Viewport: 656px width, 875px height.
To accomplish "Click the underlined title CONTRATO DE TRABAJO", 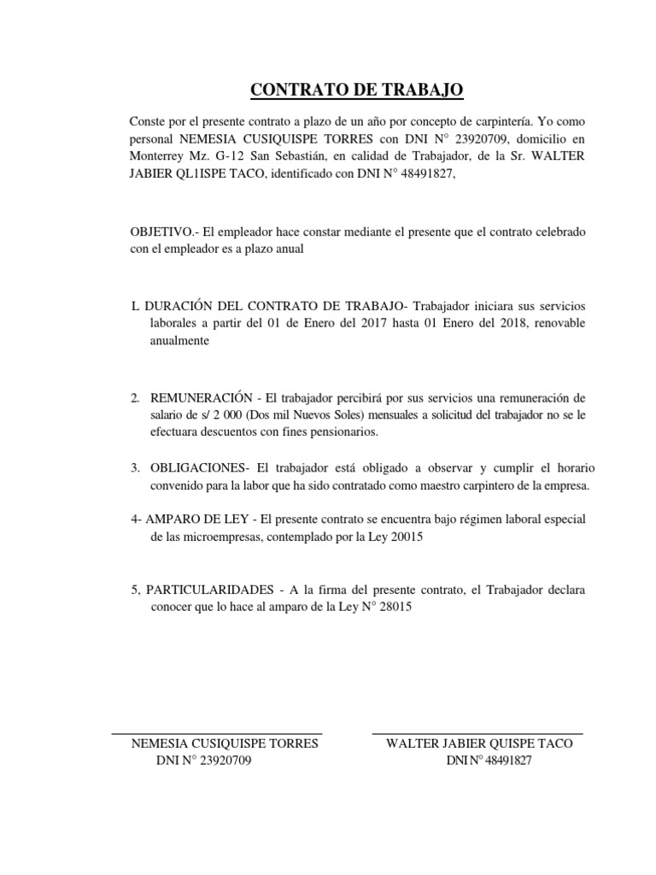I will click(x=357, y=90).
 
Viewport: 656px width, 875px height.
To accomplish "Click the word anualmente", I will click(x=179, y=341).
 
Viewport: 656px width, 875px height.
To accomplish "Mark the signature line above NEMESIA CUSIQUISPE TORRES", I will click(x=217, y=732).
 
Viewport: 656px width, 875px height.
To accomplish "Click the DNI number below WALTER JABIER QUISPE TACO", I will click(x=501, y=761).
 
